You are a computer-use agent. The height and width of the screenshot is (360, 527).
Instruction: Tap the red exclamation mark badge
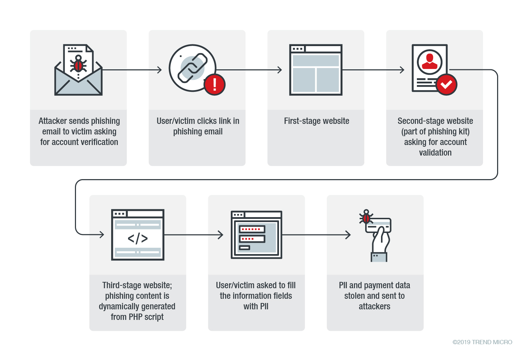pos(214,84)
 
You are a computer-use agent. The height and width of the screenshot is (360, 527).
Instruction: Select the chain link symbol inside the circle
pos(192,68)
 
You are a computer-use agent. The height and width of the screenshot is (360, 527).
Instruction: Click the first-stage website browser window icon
pos(316,70)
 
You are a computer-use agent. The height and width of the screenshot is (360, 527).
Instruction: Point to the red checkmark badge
pos(446,84)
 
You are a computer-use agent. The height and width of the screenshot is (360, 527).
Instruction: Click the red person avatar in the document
pos(430,62)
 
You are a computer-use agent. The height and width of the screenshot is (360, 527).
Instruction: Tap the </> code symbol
pos(138,238)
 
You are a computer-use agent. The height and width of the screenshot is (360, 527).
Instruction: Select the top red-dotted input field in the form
pos(252,229)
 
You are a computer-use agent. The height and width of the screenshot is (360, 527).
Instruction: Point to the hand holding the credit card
pos(380,243)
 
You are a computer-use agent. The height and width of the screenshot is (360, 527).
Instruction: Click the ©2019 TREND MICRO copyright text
pos(482,342)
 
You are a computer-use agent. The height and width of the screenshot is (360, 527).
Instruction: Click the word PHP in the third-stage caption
pos(135,317)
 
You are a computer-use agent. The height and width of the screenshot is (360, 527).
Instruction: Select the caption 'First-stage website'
pos(316,121)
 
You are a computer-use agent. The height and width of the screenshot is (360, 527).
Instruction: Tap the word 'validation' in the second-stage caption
pos(435,153)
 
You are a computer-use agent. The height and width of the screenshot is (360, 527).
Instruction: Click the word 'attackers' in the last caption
pos(374,307)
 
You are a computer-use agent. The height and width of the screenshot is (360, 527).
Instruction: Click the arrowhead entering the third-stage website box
pos(102,234)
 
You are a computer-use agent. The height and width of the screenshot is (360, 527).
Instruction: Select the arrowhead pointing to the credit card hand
pos(348,235)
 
